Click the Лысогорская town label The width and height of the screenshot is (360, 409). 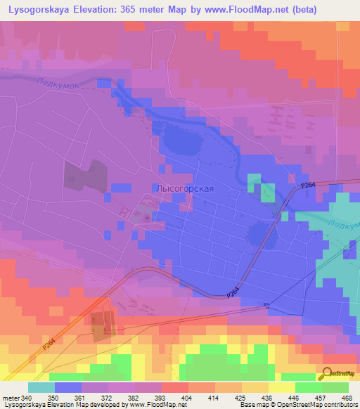click(x=184, y=188)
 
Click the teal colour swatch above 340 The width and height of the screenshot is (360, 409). click(x=41, y=387)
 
